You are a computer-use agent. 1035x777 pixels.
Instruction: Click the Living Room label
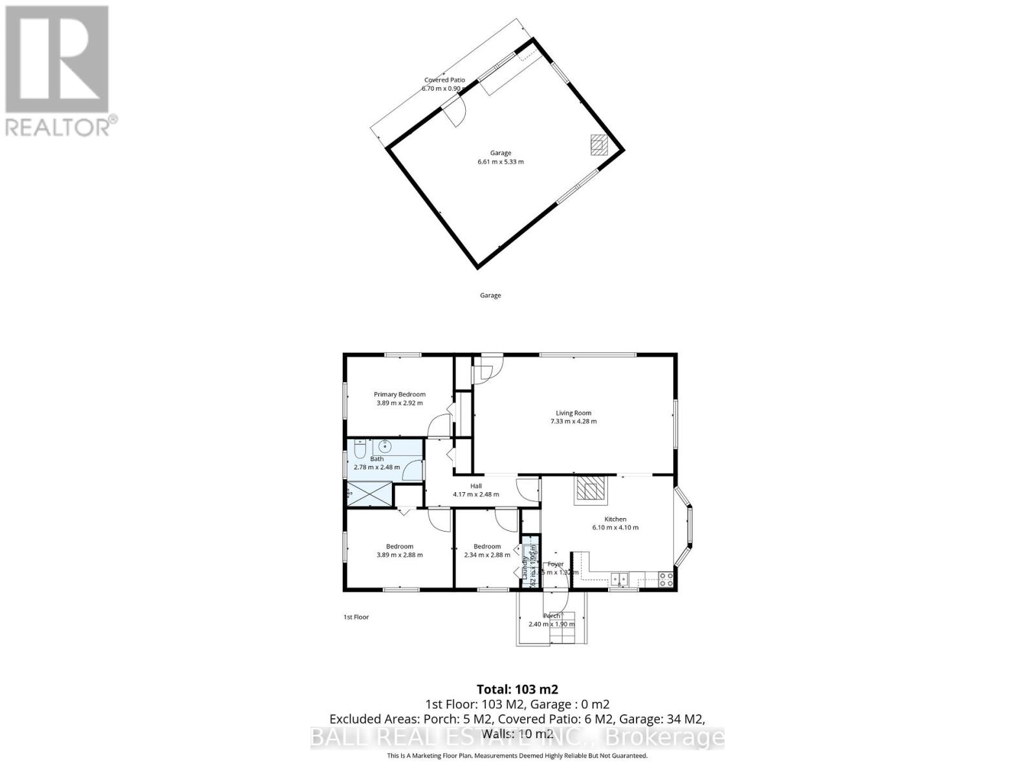[x=573, y=413]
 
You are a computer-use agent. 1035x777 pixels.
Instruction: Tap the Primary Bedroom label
[x=400, y=394]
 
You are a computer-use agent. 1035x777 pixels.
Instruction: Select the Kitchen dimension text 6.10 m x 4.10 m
[x=615, y=528]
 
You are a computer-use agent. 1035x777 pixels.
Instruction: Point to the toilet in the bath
[x=360, y=449]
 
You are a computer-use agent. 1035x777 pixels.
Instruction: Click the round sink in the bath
[x=385, y=445]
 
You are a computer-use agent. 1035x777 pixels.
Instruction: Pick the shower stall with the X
[x=370, y=494]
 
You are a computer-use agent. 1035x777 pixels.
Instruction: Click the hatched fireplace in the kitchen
[x=590, y=490]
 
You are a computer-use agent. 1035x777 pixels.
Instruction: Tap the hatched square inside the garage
[x=599, y=144]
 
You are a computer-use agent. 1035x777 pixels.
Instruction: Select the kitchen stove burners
[x=666, y=576]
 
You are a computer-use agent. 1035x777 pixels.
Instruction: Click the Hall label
[x=476, y=486]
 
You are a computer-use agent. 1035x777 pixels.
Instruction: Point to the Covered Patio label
[x=444, y=80]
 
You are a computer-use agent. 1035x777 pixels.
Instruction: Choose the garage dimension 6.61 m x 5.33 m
[x=501, y=162]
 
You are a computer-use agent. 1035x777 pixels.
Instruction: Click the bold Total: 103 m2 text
[x=517, y=689]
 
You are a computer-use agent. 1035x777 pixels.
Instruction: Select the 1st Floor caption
[x=356, y=617]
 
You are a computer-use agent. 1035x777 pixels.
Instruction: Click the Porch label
[x=552, y=616]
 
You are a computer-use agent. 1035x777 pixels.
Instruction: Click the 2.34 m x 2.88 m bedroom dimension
[x=487, y=555]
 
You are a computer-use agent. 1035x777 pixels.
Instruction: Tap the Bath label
[x=376, y=459]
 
